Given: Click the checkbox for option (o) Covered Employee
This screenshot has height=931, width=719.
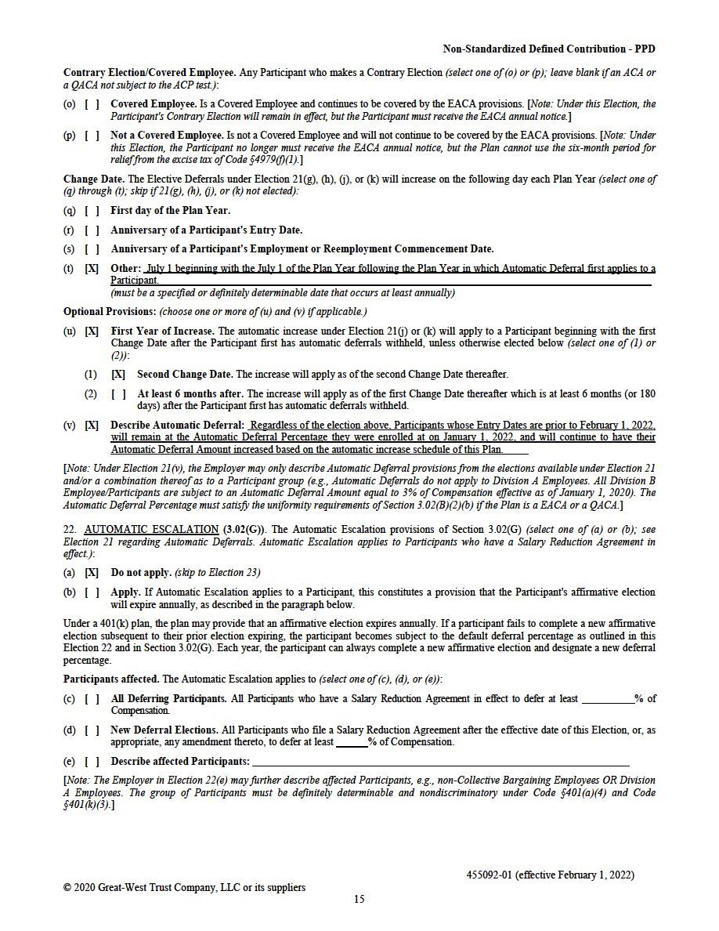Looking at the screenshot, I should tap(92, 103).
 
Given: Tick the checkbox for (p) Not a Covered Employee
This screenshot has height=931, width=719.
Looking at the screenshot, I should tap(92, 136).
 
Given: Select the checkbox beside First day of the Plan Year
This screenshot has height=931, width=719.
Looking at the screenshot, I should tap(92, 210).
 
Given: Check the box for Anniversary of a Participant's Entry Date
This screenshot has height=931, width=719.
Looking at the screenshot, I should tap(92, 230).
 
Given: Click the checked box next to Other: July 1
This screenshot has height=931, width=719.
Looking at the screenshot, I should tap(92, 269).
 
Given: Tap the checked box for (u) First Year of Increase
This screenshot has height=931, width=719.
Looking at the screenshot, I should tap(92, 331).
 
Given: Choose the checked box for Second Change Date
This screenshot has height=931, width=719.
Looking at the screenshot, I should tap(118, 375).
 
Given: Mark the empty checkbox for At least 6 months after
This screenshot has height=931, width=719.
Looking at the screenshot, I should tap(118, 394).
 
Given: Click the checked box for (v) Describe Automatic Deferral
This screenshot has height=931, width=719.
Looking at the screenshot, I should tap(92, 426).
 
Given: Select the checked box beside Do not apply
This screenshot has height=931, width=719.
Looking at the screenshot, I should tap(92, 573).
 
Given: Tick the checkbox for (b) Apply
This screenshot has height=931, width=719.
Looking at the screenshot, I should tap(92, 592).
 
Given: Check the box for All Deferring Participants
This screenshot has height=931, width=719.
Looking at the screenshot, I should tap(92, 699).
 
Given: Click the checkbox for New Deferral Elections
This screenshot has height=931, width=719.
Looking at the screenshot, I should tap(92, 730).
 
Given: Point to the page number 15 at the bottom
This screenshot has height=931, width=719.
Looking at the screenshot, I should tap(359, 899).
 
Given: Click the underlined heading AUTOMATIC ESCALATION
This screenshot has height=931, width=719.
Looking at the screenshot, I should tap(151, 530).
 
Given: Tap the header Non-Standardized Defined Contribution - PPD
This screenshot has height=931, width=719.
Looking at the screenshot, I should tap(549, 49).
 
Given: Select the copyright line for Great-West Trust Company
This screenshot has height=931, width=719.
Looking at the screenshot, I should tap(184, 887).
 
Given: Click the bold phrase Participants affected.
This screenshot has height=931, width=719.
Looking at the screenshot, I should tap(110, 679).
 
